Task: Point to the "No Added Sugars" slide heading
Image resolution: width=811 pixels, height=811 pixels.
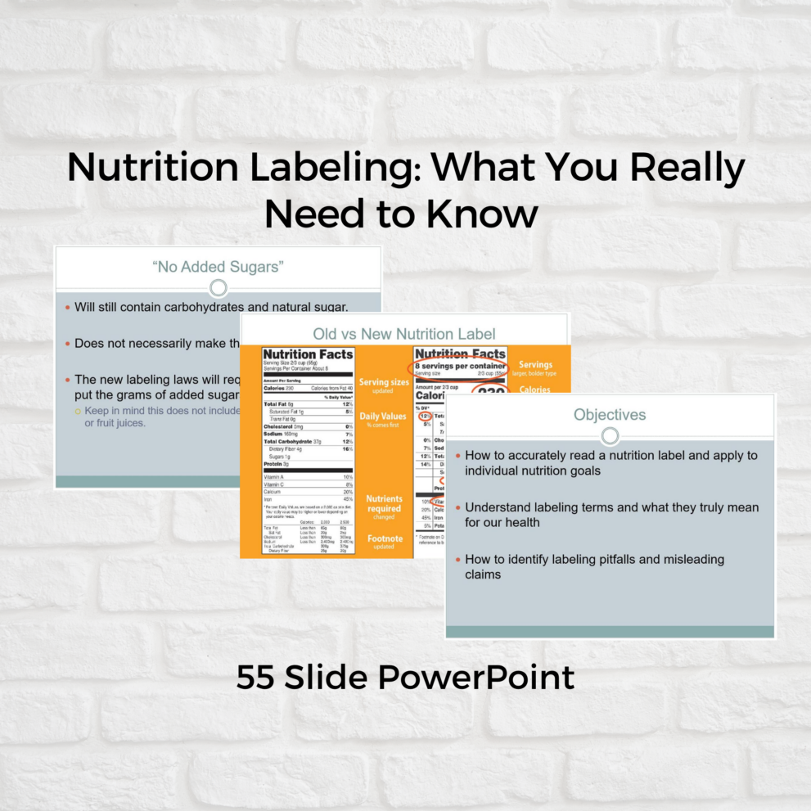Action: coord(218,266)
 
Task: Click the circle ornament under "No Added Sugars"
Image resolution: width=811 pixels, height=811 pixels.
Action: coord(219,287)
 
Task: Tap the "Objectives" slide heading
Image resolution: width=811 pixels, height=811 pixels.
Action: coord(610,415)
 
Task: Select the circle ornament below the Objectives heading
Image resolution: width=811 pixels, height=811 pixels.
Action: coord(610,435)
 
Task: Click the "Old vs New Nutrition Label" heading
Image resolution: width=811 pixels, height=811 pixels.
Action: coord(404,334)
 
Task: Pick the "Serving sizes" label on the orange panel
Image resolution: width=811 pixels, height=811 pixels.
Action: coord(384,382)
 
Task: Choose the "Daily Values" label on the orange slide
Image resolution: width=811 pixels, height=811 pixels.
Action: coord(383,417)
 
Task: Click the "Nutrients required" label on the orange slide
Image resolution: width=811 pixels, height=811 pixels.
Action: coord(384,503)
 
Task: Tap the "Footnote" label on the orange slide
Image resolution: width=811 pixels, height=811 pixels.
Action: coord(384,538)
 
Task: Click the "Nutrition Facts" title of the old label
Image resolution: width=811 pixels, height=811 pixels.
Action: coord(308,354)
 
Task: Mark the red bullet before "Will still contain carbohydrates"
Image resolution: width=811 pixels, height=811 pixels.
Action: coord(67,308)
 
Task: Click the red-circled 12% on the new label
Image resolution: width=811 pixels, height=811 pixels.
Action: coord(425,417)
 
